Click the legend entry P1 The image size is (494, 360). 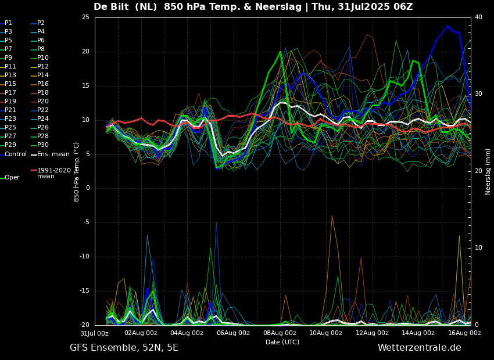[x=8, y=23]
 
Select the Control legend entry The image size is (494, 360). [x=16, y=154]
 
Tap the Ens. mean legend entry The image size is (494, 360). [x=53, y=154]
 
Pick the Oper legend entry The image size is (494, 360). [x=12, y=178]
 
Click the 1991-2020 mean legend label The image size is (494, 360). [x=53, y=173]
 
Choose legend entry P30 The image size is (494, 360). [x=43, y=145]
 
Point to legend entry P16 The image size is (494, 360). [x=43, y=84]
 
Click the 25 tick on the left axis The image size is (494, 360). [x=85, y=17]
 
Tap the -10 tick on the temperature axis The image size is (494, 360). [x=84, y=257]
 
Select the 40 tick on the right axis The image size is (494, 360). [x=478, y=17]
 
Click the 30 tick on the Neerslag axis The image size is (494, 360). [x=478, y=94]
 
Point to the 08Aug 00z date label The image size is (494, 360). [x=280, y=333]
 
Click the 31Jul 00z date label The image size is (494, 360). [x=94, y=333]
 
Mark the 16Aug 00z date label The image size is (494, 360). [x=464, y=333]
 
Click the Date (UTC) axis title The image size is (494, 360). [x=282, y=342]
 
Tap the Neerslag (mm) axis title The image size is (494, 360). [x=488, y=171]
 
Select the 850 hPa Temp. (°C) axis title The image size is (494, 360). [x=77, y=171]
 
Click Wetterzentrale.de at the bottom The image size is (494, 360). [x=419, y=348]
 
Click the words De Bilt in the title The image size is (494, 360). [x=113, y=7]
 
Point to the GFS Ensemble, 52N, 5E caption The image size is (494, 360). [x=124, y=348]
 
